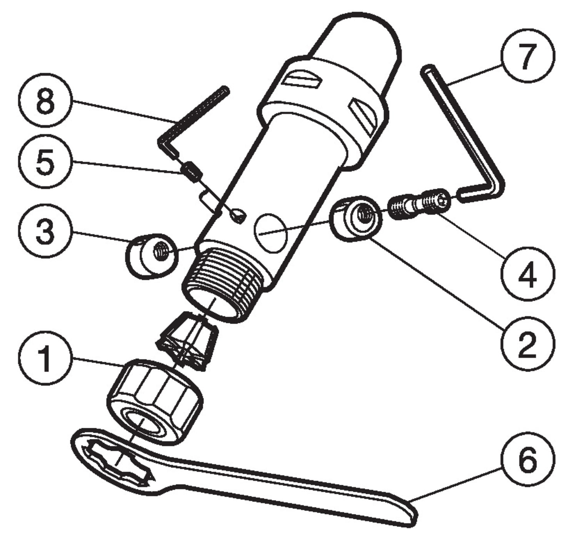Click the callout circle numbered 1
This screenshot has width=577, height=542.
click(45, 358)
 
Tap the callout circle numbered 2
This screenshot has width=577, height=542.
click(528, 343)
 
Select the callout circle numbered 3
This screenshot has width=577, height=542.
click(45, 232)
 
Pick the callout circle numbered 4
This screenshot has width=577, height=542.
click(528, 274)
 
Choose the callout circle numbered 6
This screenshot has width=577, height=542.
click(528, 460)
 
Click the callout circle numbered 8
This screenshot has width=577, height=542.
click(45, 101)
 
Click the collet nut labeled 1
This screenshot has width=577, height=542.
click(155, 402)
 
